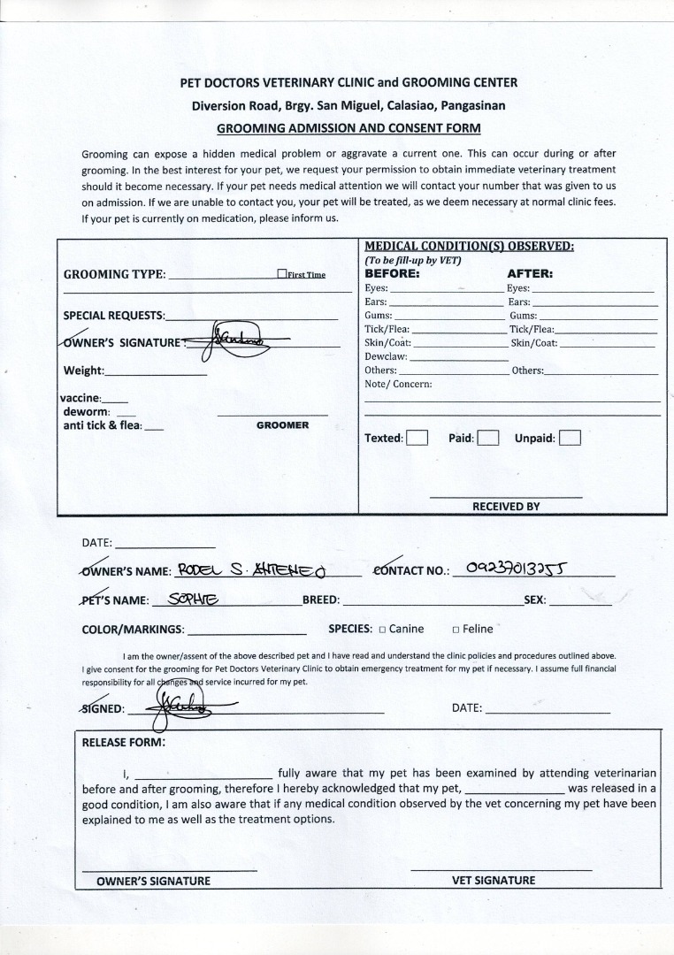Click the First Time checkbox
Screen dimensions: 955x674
point(281,274)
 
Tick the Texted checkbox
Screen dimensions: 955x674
point(417,438)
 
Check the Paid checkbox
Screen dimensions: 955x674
point(488,438)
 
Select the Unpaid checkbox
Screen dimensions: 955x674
point(571,438)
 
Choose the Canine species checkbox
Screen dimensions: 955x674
point(382,630)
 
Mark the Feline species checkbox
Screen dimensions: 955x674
point(456,630)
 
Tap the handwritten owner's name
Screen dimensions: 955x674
point(252,570)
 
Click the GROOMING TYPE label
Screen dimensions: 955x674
point(114,274)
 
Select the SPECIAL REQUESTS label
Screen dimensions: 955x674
point(114,316)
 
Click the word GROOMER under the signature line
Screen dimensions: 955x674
point(282,425)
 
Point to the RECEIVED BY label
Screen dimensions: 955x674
point(506,507)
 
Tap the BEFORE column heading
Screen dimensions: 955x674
point(392,274)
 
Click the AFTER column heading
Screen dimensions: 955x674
point(530,274)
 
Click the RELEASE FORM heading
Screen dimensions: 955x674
point(123,743)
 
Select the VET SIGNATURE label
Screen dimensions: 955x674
point(494,880)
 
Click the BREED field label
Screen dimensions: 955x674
point(321,600)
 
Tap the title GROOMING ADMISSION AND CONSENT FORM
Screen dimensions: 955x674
point(348,127)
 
